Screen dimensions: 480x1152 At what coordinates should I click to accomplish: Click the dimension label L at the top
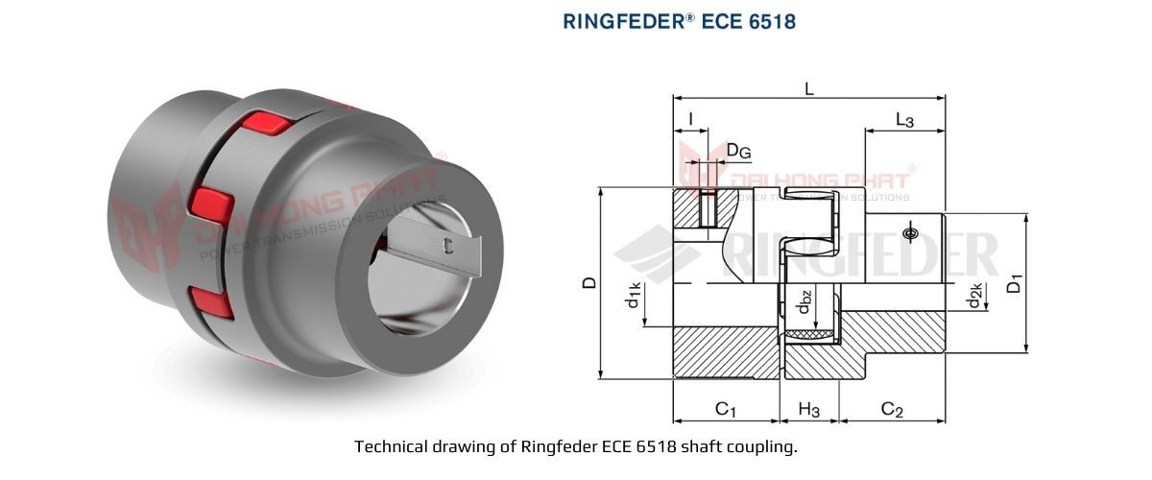809,88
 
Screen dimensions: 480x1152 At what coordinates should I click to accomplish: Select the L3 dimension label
903,120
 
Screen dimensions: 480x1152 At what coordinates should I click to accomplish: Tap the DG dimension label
737,150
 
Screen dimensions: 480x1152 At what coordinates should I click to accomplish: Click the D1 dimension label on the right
1013,283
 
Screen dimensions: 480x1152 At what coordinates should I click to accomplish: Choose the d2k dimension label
974,298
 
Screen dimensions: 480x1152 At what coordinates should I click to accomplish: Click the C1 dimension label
726,410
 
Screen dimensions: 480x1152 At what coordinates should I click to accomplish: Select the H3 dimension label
809,410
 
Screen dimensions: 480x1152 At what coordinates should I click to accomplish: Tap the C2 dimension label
892,410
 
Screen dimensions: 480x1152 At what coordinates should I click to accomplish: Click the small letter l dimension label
691,120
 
